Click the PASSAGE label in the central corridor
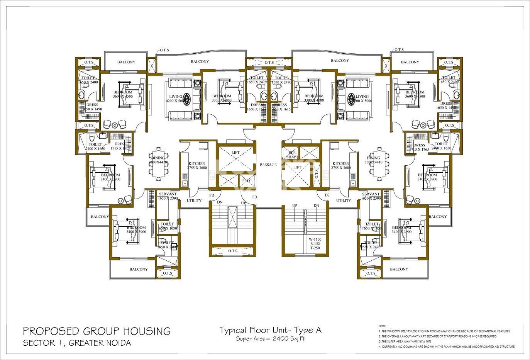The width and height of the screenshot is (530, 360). click(x=268, y=165)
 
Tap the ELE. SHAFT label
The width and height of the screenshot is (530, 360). click(x=292, y=155)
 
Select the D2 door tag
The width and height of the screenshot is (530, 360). click(x=327, y=195)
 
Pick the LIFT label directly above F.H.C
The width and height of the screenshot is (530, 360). click(x=235, y=153)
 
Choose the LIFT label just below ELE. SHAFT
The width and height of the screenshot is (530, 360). click(x=297, y=167)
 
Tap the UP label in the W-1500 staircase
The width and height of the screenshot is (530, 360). click(x=295, y=205)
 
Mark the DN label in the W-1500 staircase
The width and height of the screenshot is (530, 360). click(x=317, y=205)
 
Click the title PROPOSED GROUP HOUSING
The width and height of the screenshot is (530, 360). click(x=97, y=331)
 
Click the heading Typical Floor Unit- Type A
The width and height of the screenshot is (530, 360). click(x=270, y=330)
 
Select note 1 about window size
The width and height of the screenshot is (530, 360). click(x=444, y=331)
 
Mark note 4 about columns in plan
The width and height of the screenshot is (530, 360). click(x=446, y=347)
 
